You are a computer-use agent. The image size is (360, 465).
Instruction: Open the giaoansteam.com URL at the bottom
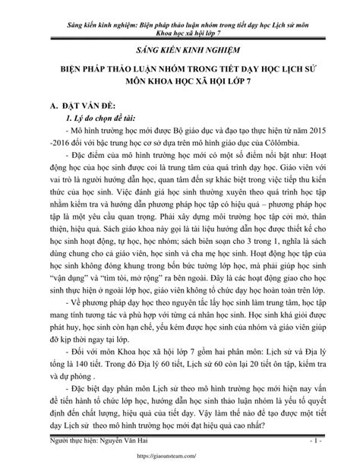tap(180, 458)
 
